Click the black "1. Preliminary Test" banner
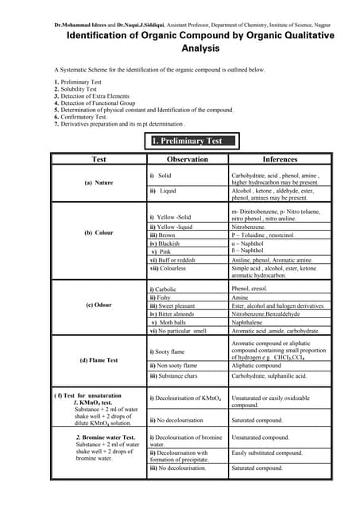pos(193,142)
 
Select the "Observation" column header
pos(187,159)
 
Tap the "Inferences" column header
pos(280,159)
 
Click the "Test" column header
pos(99,159)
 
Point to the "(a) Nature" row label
pos(99,183)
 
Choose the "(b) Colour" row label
pos(99,233)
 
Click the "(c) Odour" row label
pos(99,305)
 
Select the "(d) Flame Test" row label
pos(99,360)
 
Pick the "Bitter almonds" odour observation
pos(177,313)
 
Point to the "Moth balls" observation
pos(174,322)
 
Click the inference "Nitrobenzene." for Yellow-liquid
pos(251,227)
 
